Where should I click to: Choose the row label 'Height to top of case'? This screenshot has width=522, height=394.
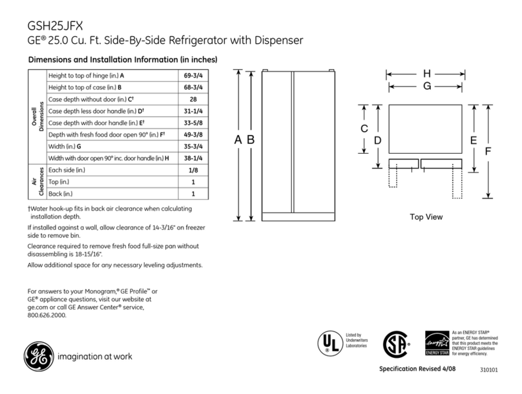coord(85,88)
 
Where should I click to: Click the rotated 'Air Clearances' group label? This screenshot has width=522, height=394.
coord(37,181)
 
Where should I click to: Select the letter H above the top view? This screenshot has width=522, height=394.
coord(427,74)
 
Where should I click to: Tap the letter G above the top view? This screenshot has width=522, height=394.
coord(427,85)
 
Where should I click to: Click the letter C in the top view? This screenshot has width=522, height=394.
coord(364,129)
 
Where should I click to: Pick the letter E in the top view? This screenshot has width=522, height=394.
coord(474,140)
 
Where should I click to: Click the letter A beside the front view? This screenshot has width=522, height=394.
coord(238,140)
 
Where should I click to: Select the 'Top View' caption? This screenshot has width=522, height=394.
coord(426,217)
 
